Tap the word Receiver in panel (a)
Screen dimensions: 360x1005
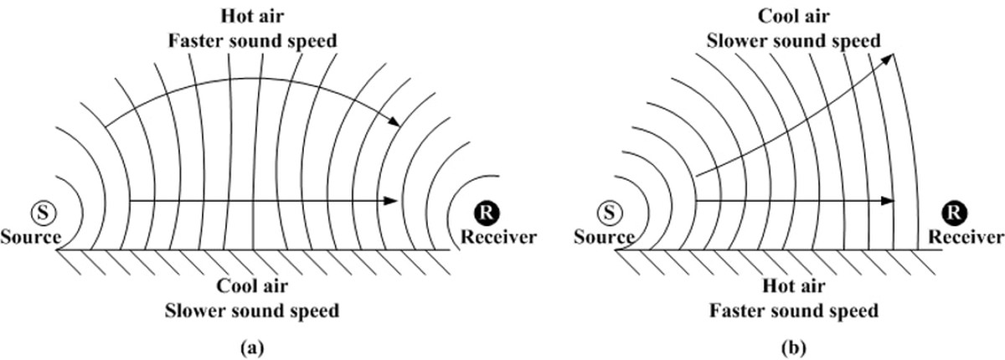(x=498, y=237)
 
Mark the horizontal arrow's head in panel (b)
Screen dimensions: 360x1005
(x=889, y=201)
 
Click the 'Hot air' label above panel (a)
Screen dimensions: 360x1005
(x=253, y=16)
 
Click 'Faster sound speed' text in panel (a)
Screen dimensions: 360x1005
(x=253, y=39)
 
